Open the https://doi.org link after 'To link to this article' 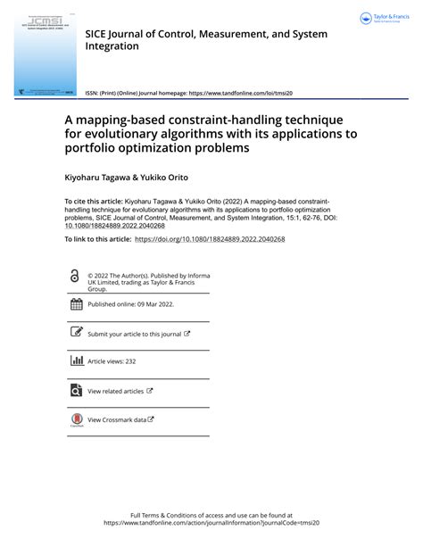(209, 239)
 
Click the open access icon (74, 277)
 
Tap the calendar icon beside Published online (76, 304)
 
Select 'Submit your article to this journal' (134, 334)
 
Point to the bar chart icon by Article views (76, 361)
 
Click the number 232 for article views (129, 361)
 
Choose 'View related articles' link (115, 391)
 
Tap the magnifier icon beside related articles (76, 390)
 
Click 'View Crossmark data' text (117, 419)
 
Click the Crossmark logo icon (76, 419)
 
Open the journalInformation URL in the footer (211, 523)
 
